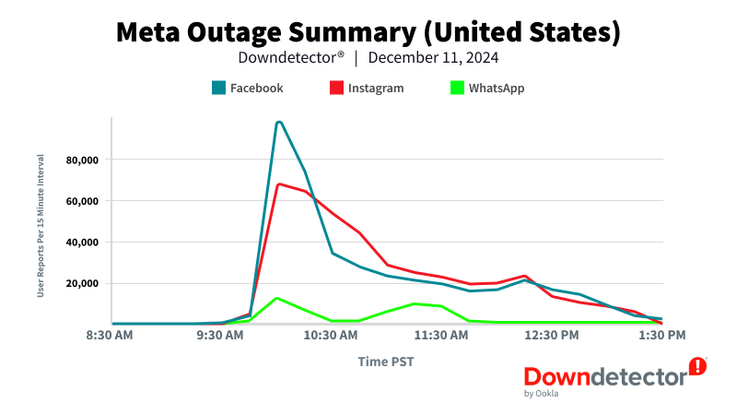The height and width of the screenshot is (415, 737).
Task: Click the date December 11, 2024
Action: (x=434, y=57)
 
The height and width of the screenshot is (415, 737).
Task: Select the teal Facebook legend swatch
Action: (x=218, y=89)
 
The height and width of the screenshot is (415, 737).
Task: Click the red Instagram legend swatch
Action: (x=336, y=89)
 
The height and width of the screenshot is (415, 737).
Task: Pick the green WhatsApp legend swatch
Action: (x=457, y=89)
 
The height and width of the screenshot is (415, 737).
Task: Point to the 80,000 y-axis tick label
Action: (x=81, y=160)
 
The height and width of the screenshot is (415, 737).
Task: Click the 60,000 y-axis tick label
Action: (x=81, y=201)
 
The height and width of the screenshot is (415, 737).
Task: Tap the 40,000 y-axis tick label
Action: (x=81, y=243)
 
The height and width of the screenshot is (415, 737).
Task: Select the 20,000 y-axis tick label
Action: (x=81, y=283)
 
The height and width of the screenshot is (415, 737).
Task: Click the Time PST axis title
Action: (x=385, y=362)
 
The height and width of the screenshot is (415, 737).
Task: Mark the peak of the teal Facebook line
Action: (x=278, y=122)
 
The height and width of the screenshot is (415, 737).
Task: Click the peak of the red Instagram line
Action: (x=278, y=184)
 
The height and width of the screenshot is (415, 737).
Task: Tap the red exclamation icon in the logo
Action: (x=698, y=366)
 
